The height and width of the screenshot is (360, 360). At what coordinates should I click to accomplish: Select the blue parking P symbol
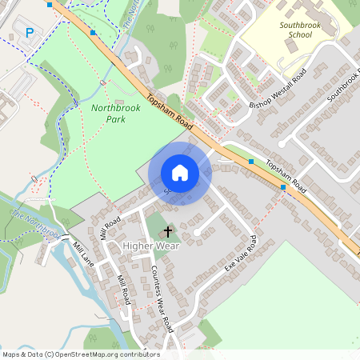pos(30,33)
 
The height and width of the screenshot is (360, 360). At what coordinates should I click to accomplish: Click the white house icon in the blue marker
pos(180,173)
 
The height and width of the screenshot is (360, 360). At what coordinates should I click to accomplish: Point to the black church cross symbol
pos(168,231)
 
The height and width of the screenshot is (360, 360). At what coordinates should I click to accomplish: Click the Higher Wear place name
pos(151,245)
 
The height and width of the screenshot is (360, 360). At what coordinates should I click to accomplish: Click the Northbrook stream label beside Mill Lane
pos(36,222)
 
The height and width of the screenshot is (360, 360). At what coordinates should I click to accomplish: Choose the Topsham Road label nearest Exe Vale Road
pos(286,174)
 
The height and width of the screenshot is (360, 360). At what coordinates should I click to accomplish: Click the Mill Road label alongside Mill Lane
pos(122,290)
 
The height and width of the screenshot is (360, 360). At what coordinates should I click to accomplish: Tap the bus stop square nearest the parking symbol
pos(93,33)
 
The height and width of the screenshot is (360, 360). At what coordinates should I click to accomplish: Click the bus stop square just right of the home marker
pos(251,162)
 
